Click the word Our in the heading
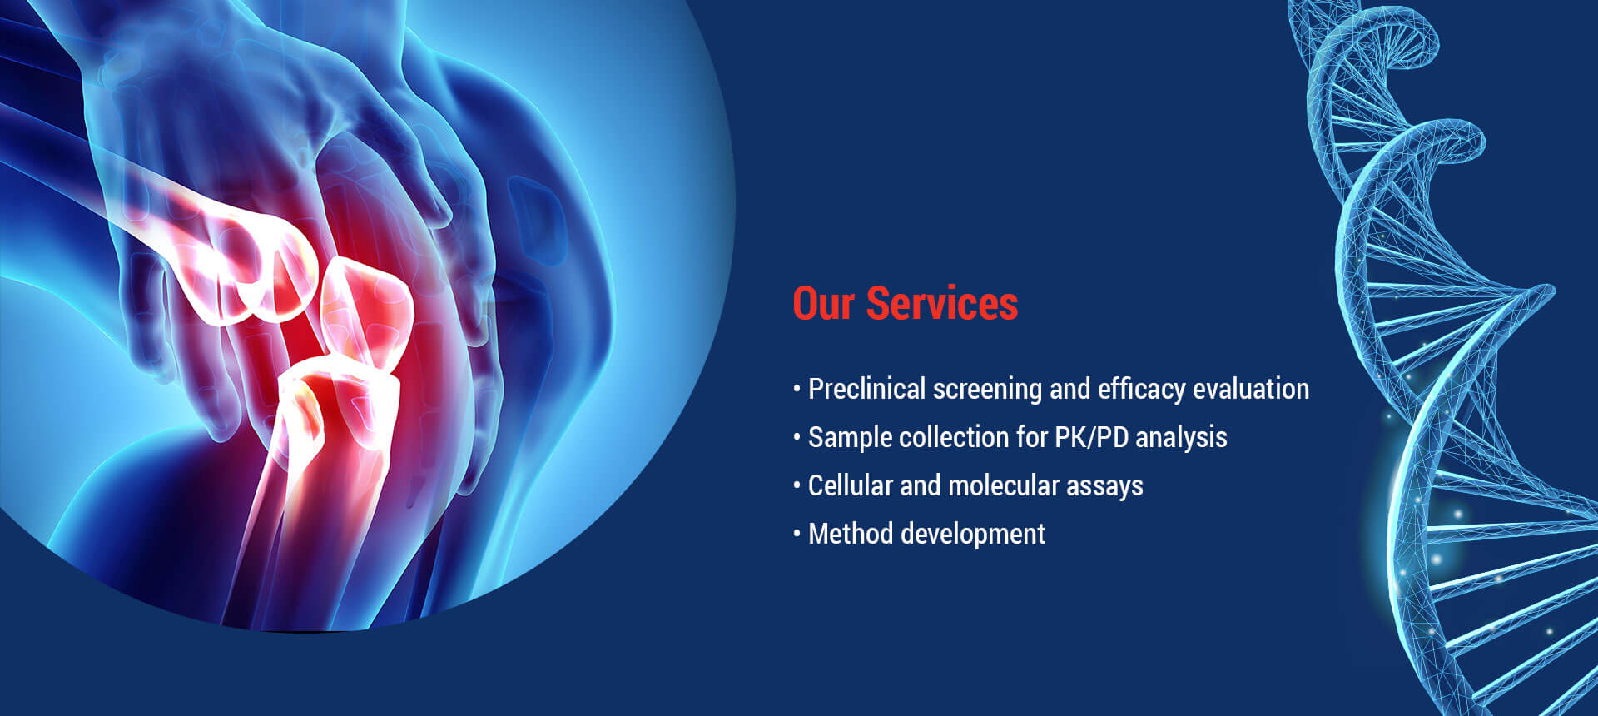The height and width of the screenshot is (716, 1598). click(x=823, y=303)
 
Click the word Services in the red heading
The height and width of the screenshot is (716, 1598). click(x=942, y=303)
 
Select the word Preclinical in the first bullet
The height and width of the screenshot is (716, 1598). click(x=866, y=389)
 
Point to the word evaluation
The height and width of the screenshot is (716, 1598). click(x=1251, y=389)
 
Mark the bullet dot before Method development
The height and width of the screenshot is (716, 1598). click(x=797, y=534)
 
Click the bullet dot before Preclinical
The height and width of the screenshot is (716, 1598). click(x=797, y=389)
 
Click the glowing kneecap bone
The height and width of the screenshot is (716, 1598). click(x=366, y=312)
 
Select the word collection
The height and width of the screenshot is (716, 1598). click(x=955, y=437)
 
